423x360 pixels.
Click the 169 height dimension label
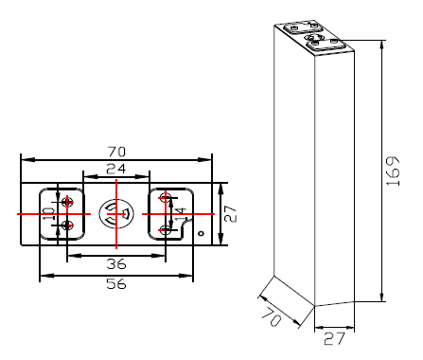pyautogui.click(x=393, y=171)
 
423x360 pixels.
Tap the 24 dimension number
pyautogui.click(x=115, y=169)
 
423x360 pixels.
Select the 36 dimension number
pyautogui.click(x=116, y=263)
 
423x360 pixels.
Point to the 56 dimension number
pyautogui.click(x=116, y=283)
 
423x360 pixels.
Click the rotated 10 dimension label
pyautogui.click(x=49, y=213)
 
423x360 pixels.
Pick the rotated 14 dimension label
pyautogui.click(x=181, y=214)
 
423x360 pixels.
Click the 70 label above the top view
pyautogui.click(x=116, y=152)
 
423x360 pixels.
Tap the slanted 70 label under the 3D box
pyautogui.click(x=272, y=316)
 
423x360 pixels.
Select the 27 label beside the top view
pyautogui.click(x=231, y=214)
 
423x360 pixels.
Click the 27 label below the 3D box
pyautogui.click(x=334, y=339)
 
